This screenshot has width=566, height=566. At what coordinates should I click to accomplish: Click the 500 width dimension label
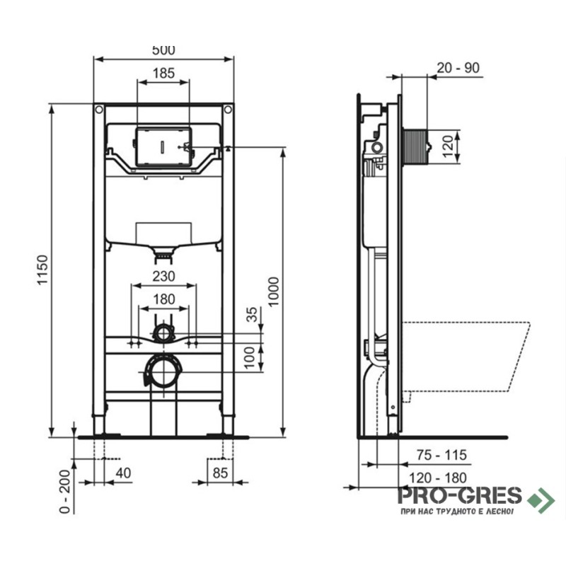tap(163, 50)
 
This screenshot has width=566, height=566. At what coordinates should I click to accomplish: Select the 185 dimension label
tap(163, 74)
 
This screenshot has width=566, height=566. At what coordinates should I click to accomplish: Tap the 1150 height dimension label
tap(43, 270)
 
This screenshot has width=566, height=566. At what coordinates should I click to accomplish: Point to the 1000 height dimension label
tap(274, 291)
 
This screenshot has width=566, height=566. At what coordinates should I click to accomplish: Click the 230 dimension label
tap(164, 276)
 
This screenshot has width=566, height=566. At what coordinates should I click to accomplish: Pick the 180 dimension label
tap(164, 299)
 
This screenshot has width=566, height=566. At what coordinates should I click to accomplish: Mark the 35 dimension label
tap(252, 314)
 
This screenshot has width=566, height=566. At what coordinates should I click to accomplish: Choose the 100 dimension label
tap(250, 357)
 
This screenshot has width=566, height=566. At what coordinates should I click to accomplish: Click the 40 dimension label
tap(123, 473)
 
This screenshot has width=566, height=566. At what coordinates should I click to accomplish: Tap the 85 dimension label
tap(220, 473)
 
